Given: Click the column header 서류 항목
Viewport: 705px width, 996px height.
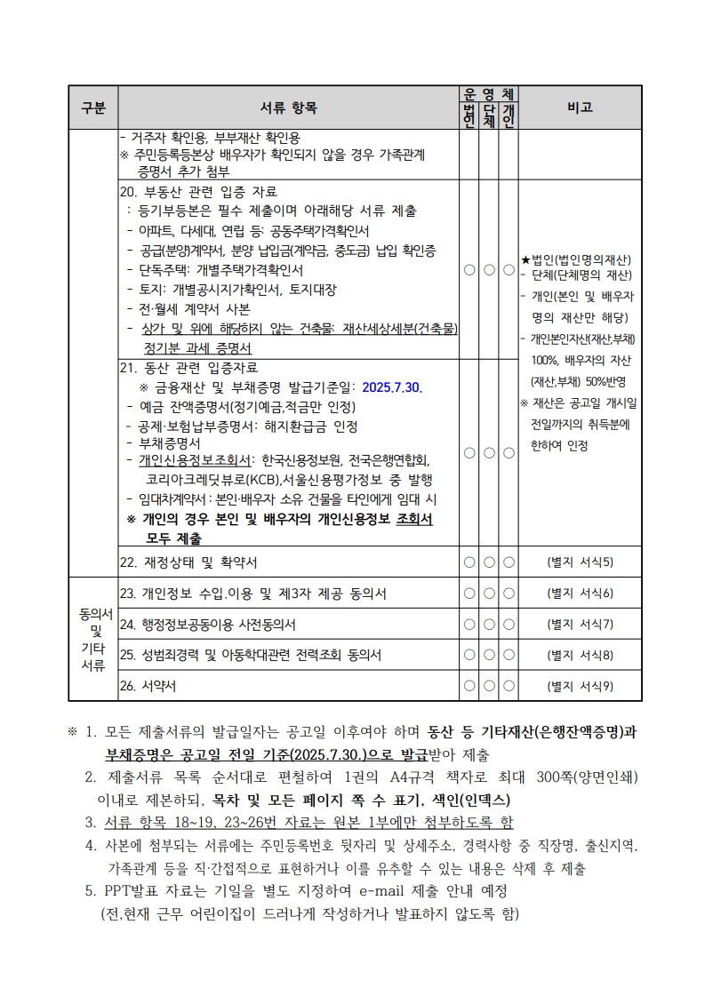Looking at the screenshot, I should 287,108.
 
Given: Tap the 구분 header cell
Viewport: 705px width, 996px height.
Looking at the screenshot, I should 92,108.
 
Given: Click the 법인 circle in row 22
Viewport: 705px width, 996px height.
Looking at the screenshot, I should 469,562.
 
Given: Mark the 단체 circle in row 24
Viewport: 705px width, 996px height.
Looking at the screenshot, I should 489,625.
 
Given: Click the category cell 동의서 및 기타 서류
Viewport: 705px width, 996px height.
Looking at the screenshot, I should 92,639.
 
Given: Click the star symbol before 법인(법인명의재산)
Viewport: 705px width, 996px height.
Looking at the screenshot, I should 525,260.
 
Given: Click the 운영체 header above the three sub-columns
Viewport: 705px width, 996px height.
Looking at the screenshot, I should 488,93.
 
